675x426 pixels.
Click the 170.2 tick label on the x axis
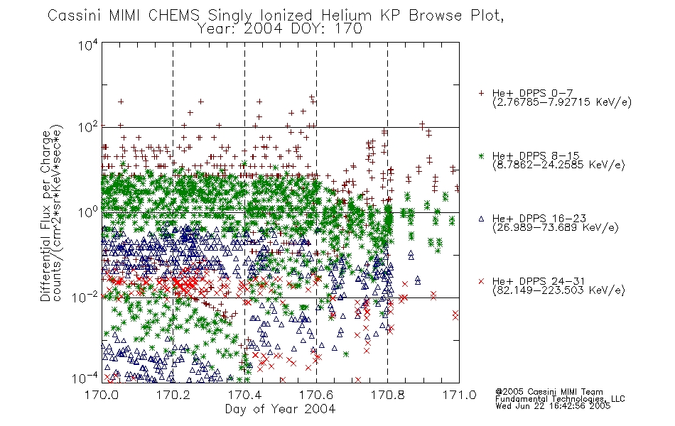tap(173, 395)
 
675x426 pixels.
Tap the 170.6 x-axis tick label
tap(316, 395)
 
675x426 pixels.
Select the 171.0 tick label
tap(459, 395)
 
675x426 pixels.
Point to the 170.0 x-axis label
tap(102, 395)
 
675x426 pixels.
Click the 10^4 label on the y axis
tap(88, 45)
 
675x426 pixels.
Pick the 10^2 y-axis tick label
tap(88, 128)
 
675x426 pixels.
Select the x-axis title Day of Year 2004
tap(280, 409)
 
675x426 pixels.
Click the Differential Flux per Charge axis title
tap(45, 213)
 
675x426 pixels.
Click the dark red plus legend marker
tap(481, 93)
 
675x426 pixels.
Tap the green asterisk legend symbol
tap(481, 156)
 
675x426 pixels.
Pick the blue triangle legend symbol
tap(481, 219)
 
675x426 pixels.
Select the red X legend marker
tap(481, 281)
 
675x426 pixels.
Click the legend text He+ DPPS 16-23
tap(539, 218)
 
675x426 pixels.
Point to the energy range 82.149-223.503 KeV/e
tap(558, 290)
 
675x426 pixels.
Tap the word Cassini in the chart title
tap(75, 16)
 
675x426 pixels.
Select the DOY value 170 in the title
tap(348, 29)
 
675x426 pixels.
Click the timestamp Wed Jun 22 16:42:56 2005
tap(553, 406)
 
